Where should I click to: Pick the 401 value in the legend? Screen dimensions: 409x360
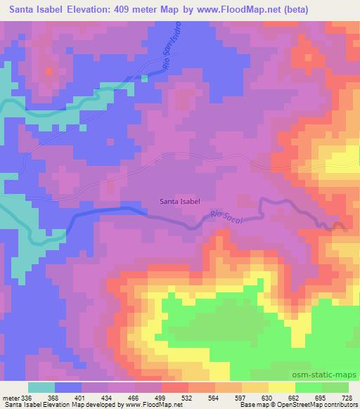click(x=82, y=397)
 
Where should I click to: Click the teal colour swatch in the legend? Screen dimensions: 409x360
click(x=41, y=387)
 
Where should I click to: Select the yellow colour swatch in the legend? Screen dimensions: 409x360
click(x=281, y=387)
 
